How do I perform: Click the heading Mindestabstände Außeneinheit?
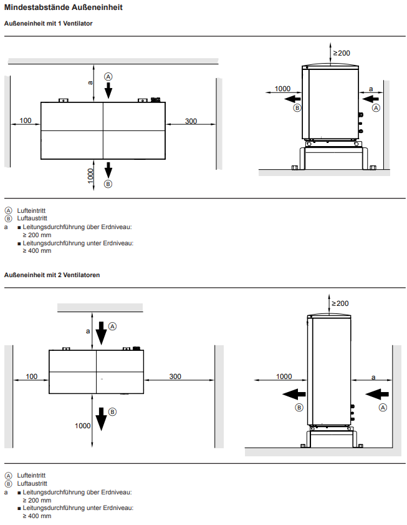click(63, 7)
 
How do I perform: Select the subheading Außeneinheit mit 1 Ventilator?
click(48, 24)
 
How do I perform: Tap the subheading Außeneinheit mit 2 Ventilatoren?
click(52, 275)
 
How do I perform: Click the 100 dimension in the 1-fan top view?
click(26, 120)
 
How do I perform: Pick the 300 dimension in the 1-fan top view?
click(191, 121)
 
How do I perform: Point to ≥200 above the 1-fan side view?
click(342, 53)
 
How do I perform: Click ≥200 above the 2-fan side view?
click(340, 303)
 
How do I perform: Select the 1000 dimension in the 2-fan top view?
click(83, 426)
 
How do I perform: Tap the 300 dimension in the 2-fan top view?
click(175, 376)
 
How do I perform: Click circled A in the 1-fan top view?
click(108, 77)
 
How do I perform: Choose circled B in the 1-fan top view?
click(108, 184)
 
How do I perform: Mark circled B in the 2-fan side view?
click(299, 408)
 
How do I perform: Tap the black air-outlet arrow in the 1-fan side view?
click(292, 99)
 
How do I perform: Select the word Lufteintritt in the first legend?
click(31, 210)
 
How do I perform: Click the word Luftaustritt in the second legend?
click(32, 483)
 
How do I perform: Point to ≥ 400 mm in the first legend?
click(37, 251)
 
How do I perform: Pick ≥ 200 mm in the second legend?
click(37, 500)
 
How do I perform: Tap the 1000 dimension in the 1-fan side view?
click(282, 89)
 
